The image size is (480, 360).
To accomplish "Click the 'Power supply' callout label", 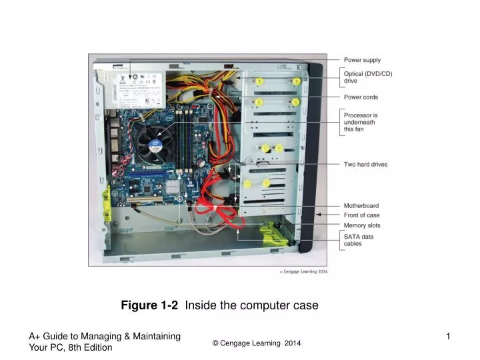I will tap(362, 60).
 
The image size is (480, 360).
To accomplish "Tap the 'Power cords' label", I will tap(361, 97).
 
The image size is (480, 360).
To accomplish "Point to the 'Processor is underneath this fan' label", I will tap(361, 121).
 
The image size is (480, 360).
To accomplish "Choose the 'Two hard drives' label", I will tap(365, 164).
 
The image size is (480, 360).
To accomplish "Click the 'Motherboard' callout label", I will tap(361, 205).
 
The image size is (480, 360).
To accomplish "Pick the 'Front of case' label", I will tap(361, 215).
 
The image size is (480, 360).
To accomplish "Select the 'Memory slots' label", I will tap(362, 225).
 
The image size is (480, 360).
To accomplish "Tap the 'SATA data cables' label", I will tap(358, 240).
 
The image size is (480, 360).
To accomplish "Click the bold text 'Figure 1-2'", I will tap(149, 305).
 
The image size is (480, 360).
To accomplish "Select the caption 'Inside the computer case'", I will tap(251, 305).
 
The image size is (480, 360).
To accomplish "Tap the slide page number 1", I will tap(448, 337).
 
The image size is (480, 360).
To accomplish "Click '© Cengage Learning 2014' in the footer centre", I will tap(257, 343).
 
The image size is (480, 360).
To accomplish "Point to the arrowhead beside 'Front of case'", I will tap(320, 215).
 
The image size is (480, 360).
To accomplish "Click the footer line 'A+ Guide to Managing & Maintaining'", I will tap(105, 337).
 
